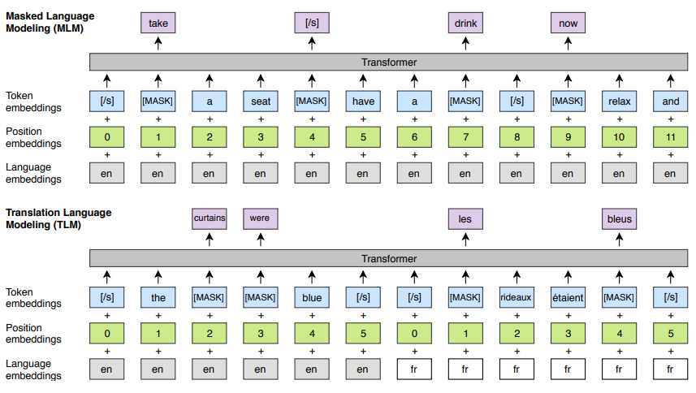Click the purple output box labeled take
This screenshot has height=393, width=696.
click(158, 24)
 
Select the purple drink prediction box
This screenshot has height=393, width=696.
click(465, 24)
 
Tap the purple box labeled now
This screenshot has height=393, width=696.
click(568, 24)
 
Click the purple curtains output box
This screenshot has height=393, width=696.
click(209, 218)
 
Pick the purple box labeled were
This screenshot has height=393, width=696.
click(260, 218)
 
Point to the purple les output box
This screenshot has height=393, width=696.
click(465, 218)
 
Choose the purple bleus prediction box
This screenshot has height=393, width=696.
click(619, 218)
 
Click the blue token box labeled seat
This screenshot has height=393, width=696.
click(260, 101)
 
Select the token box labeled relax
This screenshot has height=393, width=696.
click(619, 101)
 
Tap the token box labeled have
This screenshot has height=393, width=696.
click(362, 101)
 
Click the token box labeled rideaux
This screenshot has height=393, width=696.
click(517, 297)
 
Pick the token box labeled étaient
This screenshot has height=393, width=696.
click(568, 297)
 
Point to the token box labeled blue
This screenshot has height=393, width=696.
click(311, 297)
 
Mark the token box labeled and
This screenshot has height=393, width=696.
click(670, 101)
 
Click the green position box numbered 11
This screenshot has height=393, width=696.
click(670, 137)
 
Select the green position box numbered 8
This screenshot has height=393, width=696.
click(517, 137)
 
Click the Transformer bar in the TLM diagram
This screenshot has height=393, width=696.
click(387, 257)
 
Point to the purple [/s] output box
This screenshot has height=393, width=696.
click(311, 24)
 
